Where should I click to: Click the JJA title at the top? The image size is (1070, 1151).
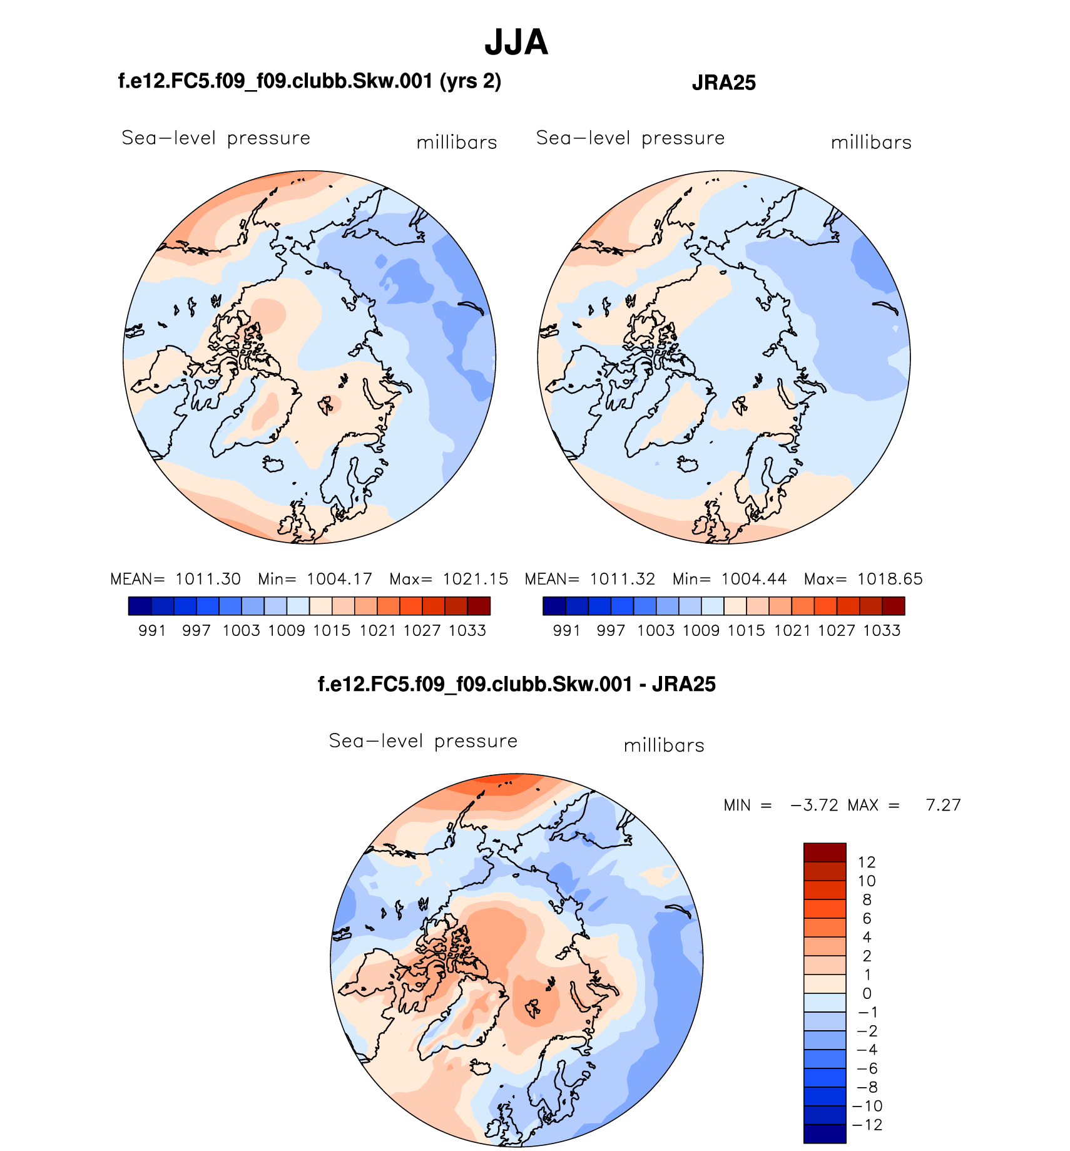tap(516, 43)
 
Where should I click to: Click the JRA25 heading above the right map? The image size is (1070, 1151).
tap(723, 83)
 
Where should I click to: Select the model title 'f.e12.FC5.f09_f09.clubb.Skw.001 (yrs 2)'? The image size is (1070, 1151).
tap(310, 81)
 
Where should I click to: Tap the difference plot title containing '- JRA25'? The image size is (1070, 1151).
tap(516, 684)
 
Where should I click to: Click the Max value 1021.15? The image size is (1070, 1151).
tap(476, 579)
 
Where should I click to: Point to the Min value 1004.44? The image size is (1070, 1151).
tap(753, 579)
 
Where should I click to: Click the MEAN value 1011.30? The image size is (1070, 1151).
tap(208, 579)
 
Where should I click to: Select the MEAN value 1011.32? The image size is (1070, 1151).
tap(623, 579)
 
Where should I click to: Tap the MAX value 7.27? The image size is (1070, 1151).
tap(943, 805)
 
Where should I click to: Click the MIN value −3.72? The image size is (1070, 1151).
tap(814, 805)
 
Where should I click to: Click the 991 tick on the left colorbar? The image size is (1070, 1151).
tap(152, 630)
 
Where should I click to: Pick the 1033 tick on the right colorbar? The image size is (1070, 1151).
tap(882, 630)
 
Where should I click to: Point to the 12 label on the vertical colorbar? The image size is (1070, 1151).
tap(867, 862)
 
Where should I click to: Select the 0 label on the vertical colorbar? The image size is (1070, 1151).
tap(867, 993)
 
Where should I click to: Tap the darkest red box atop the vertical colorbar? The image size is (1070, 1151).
tap(825, 852)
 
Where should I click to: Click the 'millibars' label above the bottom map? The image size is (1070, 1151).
tap(664, 745)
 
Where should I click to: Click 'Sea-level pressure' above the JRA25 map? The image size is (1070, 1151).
tap(630, 138)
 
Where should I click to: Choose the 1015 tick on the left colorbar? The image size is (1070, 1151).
tap(332, 630)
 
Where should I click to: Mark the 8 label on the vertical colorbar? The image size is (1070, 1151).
tap(867, 899)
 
